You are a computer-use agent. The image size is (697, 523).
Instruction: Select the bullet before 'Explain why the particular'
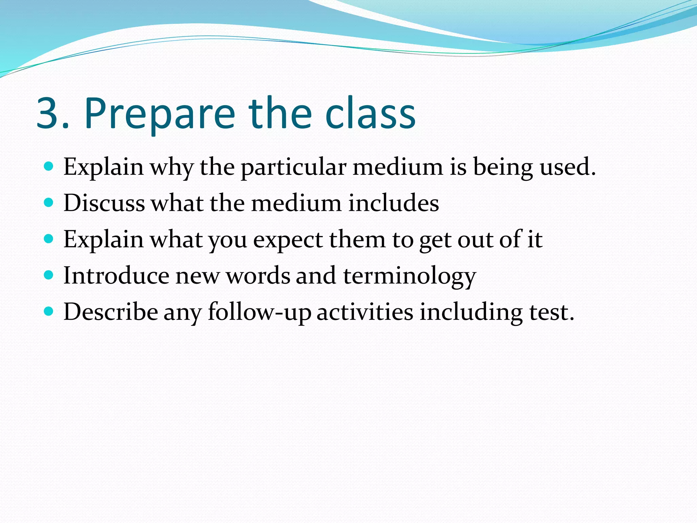[49, 167]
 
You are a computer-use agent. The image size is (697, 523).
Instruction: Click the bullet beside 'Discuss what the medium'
[49, 203]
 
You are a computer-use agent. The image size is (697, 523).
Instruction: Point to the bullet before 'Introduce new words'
[49, 275]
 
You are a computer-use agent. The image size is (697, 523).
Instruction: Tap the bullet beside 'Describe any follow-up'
[49, 312]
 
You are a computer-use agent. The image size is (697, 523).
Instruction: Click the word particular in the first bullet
[294, 168]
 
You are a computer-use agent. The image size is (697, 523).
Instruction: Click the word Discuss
[104, 203]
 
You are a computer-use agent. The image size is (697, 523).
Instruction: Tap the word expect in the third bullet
[288, 240]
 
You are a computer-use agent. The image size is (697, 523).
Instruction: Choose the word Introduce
[116, 275]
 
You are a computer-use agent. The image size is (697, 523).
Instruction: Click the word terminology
[409, 276]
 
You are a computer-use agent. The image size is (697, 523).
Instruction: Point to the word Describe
[111, 312]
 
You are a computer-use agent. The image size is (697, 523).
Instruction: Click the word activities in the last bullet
[365, 312]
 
